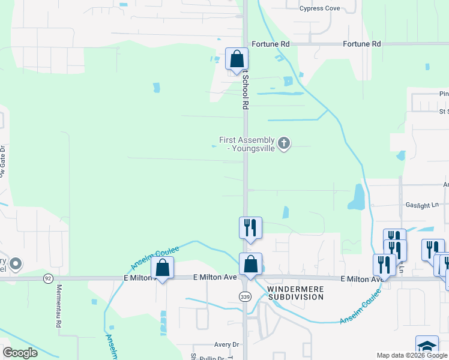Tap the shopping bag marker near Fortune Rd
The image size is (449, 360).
tap(237, 59)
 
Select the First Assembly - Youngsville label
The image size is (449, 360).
tap(247, 144)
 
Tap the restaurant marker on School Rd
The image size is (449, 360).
tap(250, 228)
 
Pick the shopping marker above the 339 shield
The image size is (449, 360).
tap(250, 265)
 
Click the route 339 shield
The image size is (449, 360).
tap(244, 296)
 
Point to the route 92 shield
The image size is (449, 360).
tap(48, 278)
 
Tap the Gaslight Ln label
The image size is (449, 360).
tap(423, 205)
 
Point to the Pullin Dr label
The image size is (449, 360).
tap(212, 357)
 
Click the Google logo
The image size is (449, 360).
tap(20, 353)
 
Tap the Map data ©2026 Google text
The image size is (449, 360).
tap(412, 355)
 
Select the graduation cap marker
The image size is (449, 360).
tap(427, 347)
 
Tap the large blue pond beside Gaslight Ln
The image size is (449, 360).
tap(356, 196)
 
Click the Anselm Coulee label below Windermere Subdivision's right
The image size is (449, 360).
tap(360, 307)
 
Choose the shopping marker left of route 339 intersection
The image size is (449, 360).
tap(162, 268)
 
